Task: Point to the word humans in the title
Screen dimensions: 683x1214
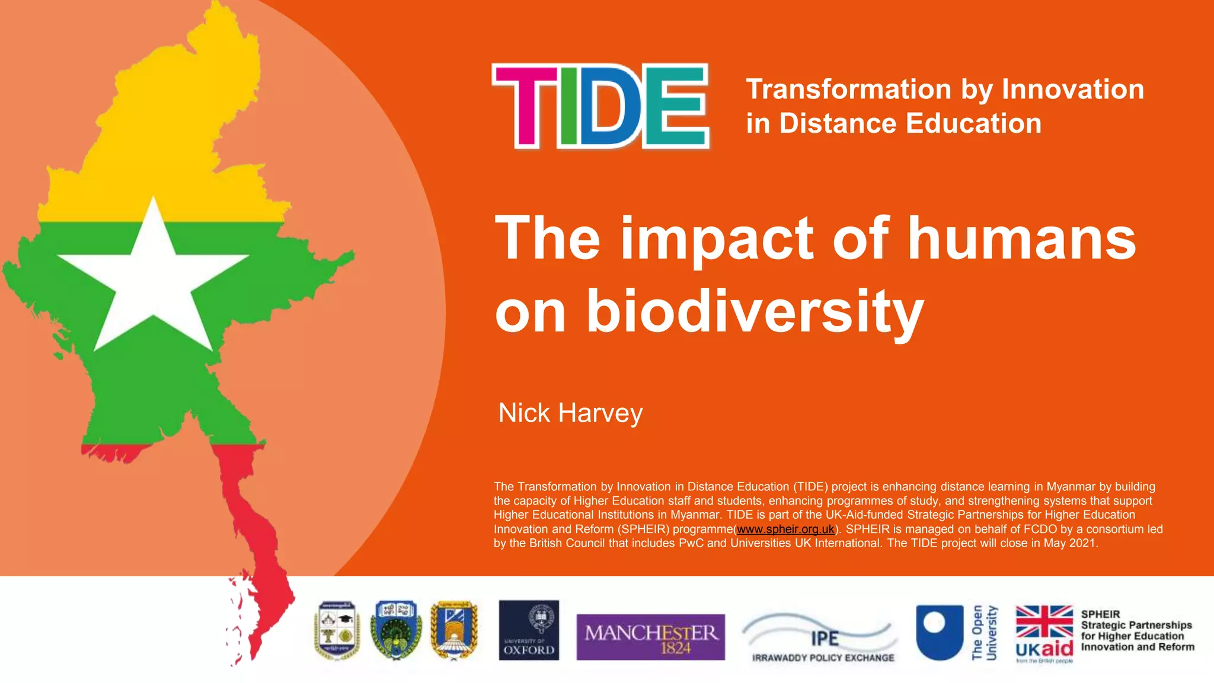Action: pyautogui.click(x=1022, y=238)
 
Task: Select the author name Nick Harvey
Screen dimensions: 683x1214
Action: pyautogui.click(x=570, y=413)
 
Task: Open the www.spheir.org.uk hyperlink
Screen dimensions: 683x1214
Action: pyautogui.click(x=785, y=529)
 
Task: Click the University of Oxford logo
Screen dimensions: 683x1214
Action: pyautogui.click(x=529, y=630)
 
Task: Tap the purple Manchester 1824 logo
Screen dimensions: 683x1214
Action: pyautogui.click(x=650, y=637)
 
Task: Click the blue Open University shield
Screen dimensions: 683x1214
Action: pyautogui.click(x=940, y=631)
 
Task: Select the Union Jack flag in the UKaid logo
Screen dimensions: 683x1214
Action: pyautogui.click(x=1044, y=621)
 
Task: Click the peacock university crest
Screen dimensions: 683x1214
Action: pyautogui.click(x=397, y=630)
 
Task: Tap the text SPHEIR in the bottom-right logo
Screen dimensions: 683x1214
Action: pyautogui.click(x=1100, y=614)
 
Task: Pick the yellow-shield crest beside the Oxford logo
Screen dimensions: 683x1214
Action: pyautogui.click(x=454, y=630)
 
